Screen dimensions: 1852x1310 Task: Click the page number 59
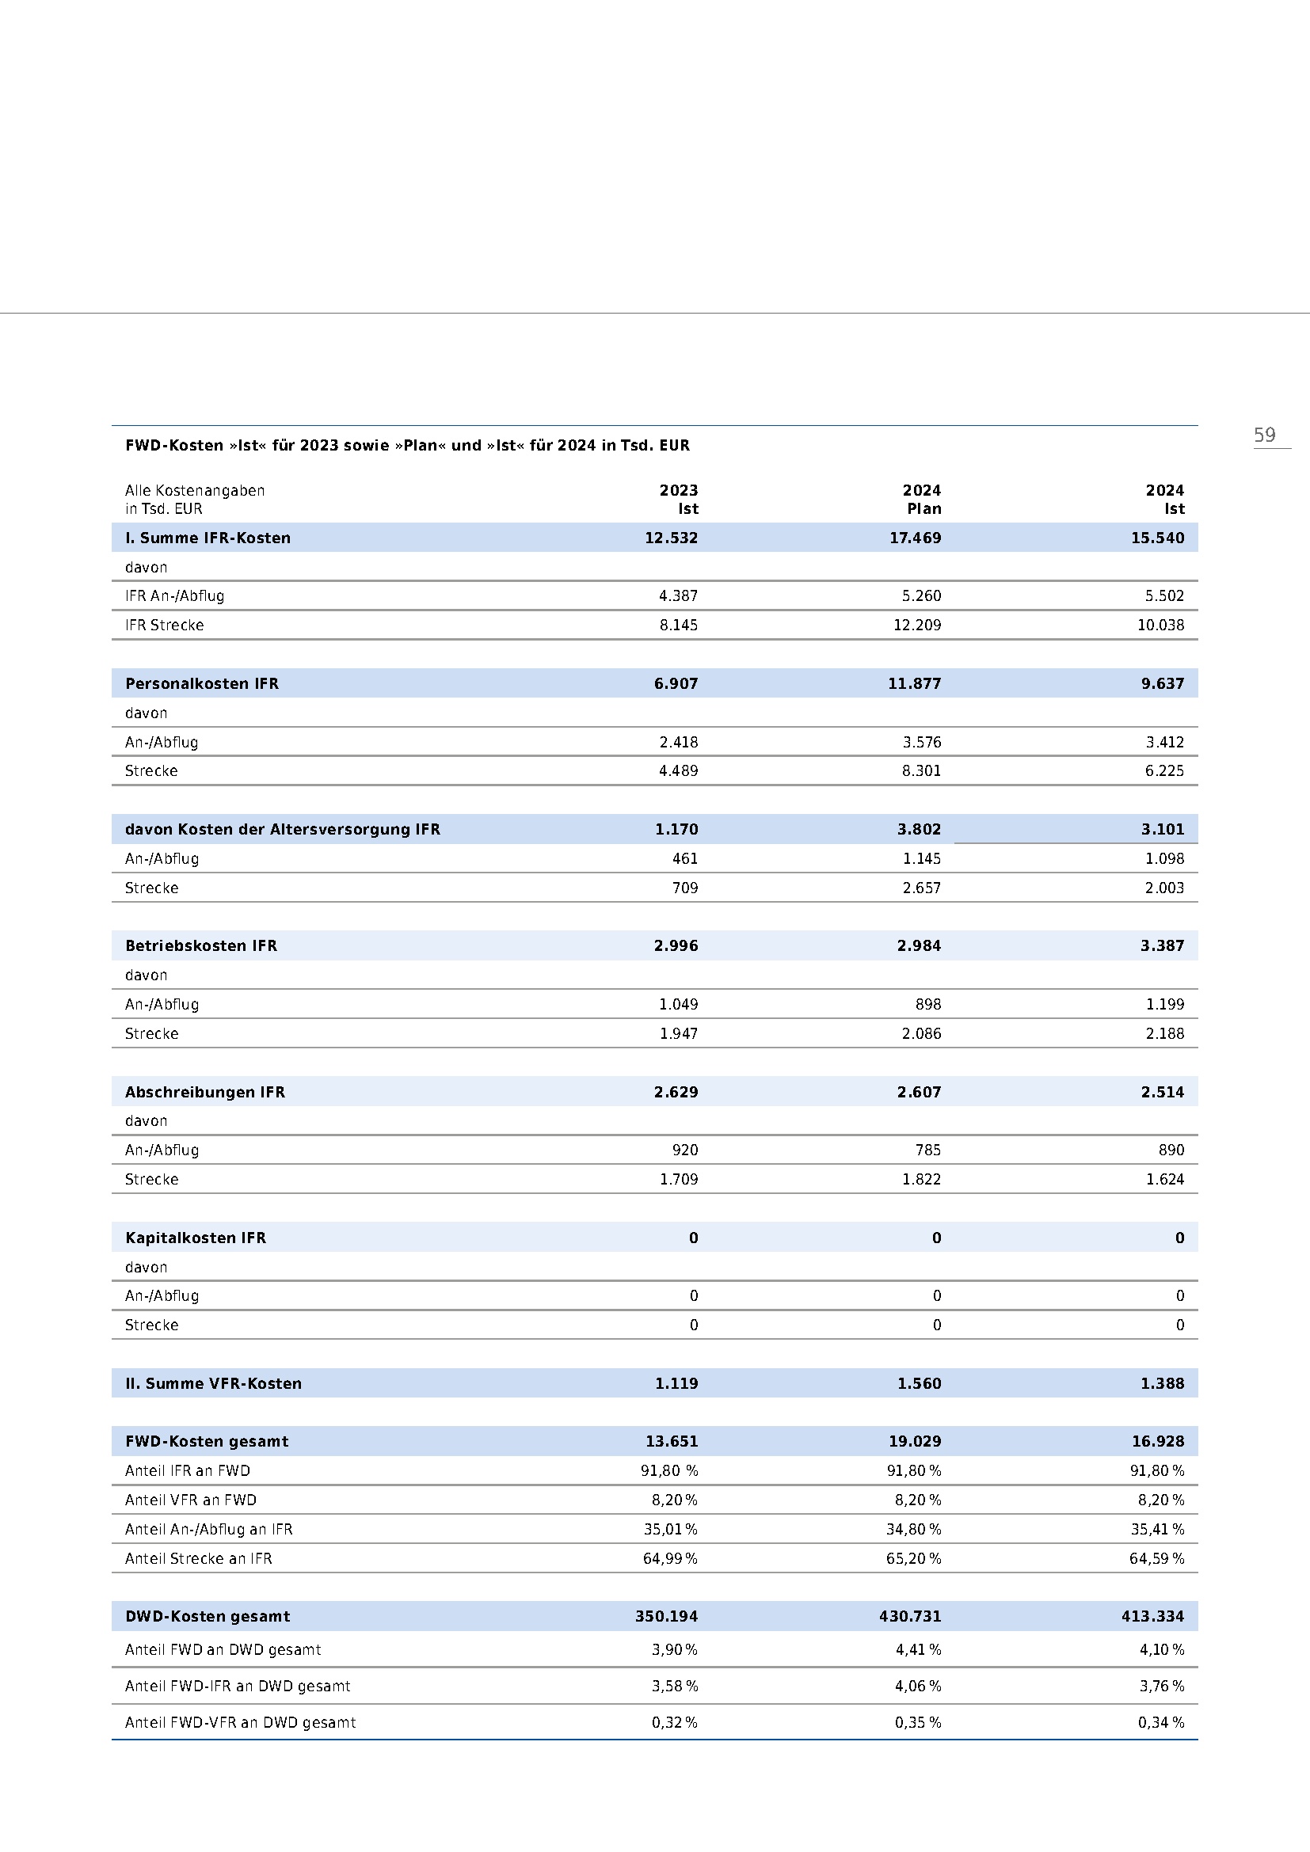(x=1264, y=435)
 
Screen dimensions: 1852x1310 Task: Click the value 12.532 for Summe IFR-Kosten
(x=670, y=538)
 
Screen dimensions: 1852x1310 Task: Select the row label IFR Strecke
(x=164, y=626)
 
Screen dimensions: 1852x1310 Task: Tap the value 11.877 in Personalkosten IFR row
(x=914, y=684)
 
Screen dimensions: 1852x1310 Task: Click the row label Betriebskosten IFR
(x=201, y=945)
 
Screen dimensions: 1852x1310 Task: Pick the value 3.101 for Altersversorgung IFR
(x=1162, y=829)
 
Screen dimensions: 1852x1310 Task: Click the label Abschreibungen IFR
(x=205, y=1092)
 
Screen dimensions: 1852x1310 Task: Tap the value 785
(x=927, y=1150)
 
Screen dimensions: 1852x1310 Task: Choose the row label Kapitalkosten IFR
(x=195, y=1238)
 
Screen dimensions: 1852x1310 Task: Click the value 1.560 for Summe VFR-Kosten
(x=919, y=1383)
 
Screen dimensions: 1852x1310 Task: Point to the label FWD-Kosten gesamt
(x=207, y=1441)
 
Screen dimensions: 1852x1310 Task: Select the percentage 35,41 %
(x=1156, y=1530)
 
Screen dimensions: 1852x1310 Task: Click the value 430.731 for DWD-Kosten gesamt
(x=910, y=1617)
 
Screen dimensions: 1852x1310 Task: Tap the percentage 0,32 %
(x=673, y=1722)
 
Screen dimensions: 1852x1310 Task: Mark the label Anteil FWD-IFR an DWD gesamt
(x=237, y=1686)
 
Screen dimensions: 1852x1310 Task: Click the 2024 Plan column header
(x=921, y=500)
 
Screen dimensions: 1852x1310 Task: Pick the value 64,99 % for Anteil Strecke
(x=669, y=1558)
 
